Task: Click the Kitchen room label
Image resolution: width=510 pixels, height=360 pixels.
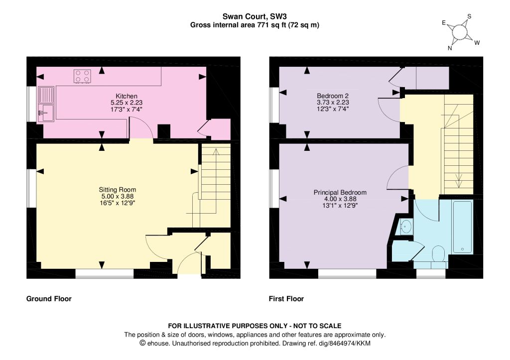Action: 127,96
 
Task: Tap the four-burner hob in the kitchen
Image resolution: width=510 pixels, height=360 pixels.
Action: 82,76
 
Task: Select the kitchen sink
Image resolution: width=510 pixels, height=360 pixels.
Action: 46,104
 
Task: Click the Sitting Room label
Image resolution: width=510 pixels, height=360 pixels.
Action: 118,190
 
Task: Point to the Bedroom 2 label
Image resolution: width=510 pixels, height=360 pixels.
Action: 333,96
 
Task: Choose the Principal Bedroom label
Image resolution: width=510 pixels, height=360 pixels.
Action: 340,193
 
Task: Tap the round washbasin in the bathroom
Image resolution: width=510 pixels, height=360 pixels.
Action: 406,227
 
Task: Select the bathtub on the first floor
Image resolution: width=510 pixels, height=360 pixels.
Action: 462,228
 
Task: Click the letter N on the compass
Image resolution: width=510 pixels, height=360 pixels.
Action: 450,48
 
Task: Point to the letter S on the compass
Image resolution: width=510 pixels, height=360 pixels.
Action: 469,16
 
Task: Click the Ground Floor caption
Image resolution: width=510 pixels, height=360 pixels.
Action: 49,299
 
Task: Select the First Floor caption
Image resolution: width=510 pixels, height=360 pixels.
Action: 286,299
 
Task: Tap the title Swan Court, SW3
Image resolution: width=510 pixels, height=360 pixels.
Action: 255,16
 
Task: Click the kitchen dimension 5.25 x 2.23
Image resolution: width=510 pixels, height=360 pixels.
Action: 127,103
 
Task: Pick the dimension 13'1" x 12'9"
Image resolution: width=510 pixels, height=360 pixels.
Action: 340,205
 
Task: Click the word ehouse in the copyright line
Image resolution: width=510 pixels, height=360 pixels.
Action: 158,343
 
